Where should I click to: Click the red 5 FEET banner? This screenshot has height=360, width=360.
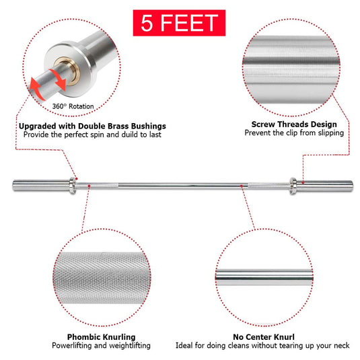click(x=179, y=23)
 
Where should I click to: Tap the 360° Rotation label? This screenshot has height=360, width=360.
click(x=73, y=106)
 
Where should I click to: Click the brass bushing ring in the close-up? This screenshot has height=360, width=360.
click(x=67, y=71)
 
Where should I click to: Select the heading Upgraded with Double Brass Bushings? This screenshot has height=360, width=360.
click(x=92, y=126)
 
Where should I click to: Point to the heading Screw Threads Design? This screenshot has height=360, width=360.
click(x=294, y=124)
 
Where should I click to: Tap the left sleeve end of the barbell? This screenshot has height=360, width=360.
click(x=14, y=185)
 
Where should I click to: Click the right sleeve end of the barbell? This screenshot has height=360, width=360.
click(x=351, y=186)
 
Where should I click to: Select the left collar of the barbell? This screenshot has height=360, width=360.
click(x=73, y=186)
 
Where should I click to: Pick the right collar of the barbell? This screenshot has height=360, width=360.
click(x=293, y=186)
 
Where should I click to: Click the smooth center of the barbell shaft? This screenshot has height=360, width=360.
click(x=183, y=186)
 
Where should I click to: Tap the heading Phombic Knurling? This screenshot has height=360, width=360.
click(x=101, y=337)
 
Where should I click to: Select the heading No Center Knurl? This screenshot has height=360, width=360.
click(x=264, y=337)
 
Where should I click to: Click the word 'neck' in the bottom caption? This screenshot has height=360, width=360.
click(x=342, y=346)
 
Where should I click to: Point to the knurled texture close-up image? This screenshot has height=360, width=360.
click(x=102, y=277)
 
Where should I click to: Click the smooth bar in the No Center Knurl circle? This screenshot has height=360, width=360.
click(x=264, y=277)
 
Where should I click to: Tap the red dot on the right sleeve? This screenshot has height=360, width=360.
click(x=303, y=183)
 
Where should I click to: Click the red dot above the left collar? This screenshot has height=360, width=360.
click(x=77, y=178)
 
